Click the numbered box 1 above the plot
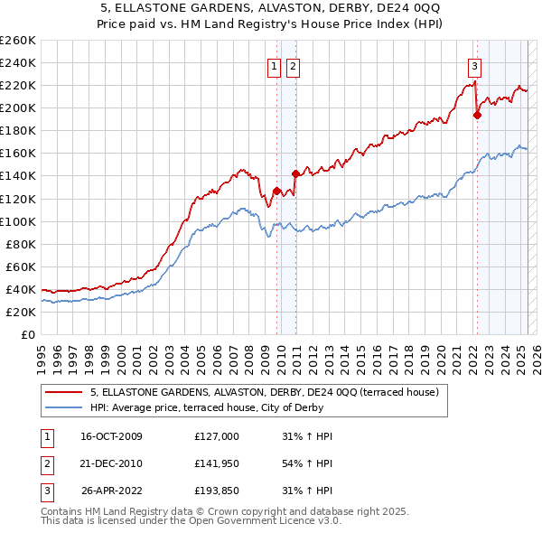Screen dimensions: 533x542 [274, 65]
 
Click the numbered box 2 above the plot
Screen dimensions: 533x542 [294, 65]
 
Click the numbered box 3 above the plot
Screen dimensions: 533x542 [474, 65]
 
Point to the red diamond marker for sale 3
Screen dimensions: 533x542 [477, 115]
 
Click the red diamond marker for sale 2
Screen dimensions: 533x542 [295, 173]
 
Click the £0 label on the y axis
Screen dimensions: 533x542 [29, 334]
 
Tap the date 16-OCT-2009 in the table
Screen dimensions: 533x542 [111, 436]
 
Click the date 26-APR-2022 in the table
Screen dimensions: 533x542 [111, 492]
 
